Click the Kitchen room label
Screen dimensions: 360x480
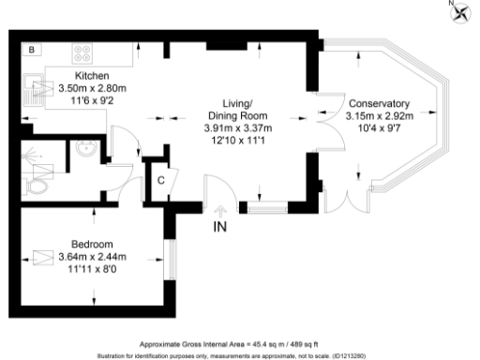tap(91, 75)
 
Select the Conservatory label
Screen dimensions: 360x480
tap(378, 103)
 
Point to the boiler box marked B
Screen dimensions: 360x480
tap(31, 49)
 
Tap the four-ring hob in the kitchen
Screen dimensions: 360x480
tap(82, 52)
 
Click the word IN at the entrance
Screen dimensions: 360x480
tap(220, 227)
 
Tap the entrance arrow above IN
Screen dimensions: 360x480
tap(221, 210)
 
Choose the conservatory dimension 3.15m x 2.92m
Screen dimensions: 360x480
tap(378, 115)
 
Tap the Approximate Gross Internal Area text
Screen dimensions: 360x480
tap(233, 344)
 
